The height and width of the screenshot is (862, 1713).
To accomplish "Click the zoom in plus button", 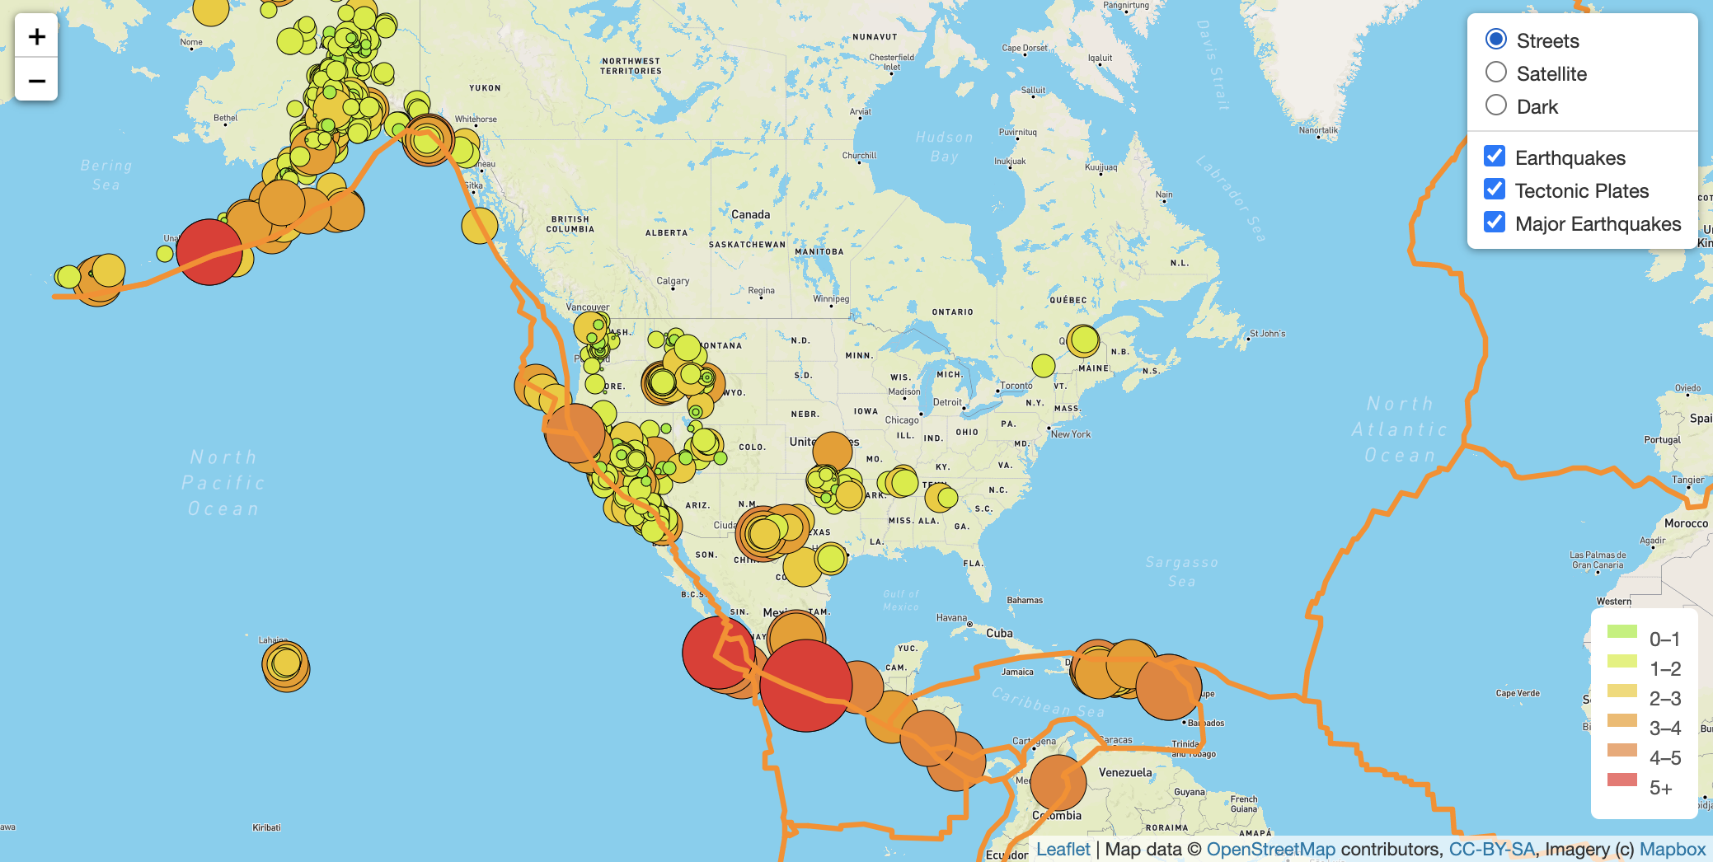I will (36, 36).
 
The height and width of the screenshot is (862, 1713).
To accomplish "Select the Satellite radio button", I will (1496, 73).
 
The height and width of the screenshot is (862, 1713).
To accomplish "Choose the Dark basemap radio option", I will (1496, 105).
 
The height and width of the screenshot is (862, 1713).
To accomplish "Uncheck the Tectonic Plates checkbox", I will (1495, 190).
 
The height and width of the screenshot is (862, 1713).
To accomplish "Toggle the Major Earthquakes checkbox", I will (1495, 223).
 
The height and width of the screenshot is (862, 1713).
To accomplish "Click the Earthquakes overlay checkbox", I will (1495, 157).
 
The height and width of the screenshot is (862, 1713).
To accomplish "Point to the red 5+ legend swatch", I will (1621, 780).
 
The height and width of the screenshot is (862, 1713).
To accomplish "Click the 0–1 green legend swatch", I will (1621, 632).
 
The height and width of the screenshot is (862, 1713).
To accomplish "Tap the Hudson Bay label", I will (944, 147).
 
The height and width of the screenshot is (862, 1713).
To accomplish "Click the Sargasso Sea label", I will (1181, 571).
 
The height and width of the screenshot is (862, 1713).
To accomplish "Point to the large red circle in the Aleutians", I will (209, 252).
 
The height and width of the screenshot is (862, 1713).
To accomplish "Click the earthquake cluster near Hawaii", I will (285, 665).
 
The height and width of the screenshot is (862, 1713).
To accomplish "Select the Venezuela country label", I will (1125, 772).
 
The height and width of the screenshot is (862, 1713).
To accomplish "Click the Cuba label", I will (999, 633).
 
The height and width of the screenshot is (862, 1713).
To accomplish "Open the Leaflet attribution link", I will (1063, 849).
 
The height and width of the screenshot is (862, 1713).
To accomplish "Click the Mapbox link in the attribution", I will (1672, 849).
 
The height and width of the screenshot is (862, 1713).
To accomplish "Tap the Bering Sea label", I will (106, 175).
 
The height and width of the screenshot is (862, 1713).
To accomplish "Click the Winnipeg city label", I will (830, 299).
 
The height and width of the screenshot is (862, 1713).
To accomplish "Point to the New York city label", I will (1071, 434).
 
